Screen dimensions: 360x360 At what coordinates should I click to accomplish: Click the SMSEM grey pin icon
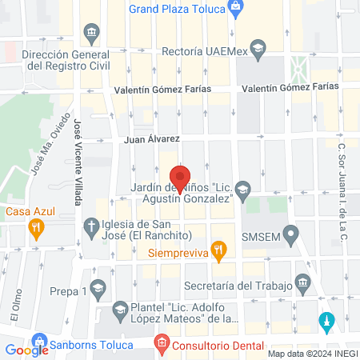tap(291, 235)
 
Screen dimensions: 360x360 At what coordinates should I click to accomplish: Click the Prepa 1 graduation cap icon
tap(98, 287)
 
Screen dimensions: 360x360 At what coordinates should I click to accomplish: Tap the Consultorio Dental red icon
tap(162, 345)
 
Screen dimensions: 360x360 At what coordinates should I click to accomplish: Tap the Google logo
tap(26, 350)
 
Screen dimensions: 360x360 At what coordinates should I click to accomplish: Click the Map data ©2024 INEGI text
tap(311, 353)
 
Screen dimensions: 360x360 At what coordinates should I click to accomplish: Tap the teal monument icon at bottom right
tap(325, 322)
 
